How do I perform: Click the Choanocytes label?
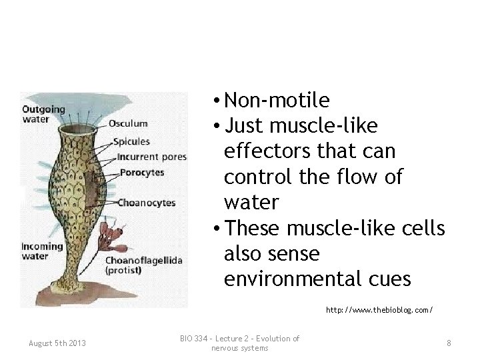[147, 201]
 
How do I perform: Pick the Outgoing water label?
[44, 114]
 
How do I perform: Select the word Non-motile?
[277, 101]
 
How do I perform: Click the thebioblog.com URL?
[379, 310]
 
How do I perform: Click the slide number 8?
[449, 343]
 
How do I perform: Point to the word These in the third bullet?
[250, 228]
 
